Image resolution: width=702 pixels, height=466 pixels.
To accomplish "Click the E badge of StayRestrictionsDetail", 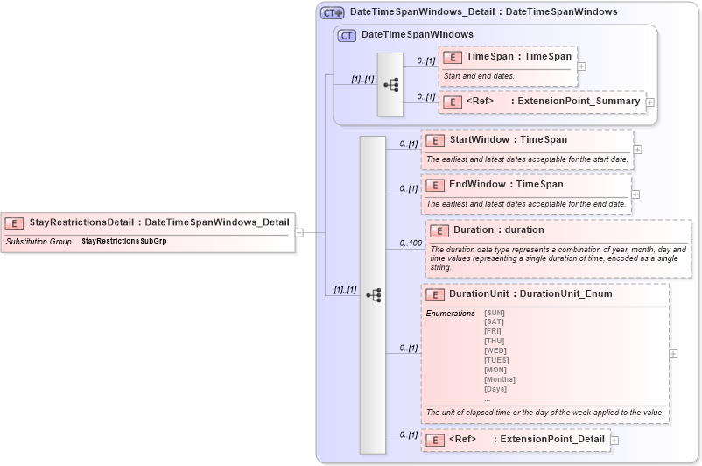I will coord(14,222).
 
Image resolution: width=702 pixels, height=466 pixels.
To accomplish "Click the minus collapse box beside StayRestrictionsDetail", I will coord(298,232).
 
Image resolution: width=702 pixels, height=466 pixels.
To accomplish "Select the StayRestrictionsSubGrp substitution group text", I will coord(123,241).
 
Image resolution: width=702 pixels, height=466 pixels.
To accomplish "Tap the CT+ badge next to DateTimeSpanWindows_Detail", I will coord(332,13).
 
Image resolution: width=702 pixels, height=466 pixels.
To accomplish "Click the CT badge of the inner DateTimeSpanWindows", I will coord(347,35).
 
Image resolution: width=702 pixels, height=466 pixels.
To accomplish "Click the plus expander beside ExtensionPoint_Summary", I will coord(649,102).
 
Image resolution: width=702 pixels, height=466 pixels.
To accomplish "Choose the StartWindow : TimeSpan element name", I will coord(508,140).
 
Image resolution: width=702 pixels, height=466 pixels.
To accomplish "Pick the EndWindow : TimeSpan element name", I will coord(506,185).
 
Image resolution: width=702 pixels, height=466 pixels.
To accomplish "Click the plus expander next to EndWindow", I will coord(635,194).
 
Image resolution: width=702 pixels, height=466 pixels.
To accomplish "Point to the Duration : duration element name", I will coord(498,230).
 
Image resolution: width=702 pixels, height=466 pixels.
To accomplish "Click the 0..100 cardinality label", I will coord(410,243).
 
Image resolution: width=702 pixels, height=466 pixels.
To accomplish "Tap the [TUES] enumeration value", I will coord(496,360).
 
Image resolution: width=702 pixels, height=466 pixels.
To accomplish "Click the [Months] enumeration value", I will coord(500,379).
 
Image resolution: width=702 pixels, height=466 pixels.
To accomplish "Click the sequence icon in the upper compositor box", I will coord(390,85).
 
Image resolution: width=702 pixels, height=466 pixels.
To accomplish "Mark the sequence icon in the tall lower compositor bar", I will coord(373,295).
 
